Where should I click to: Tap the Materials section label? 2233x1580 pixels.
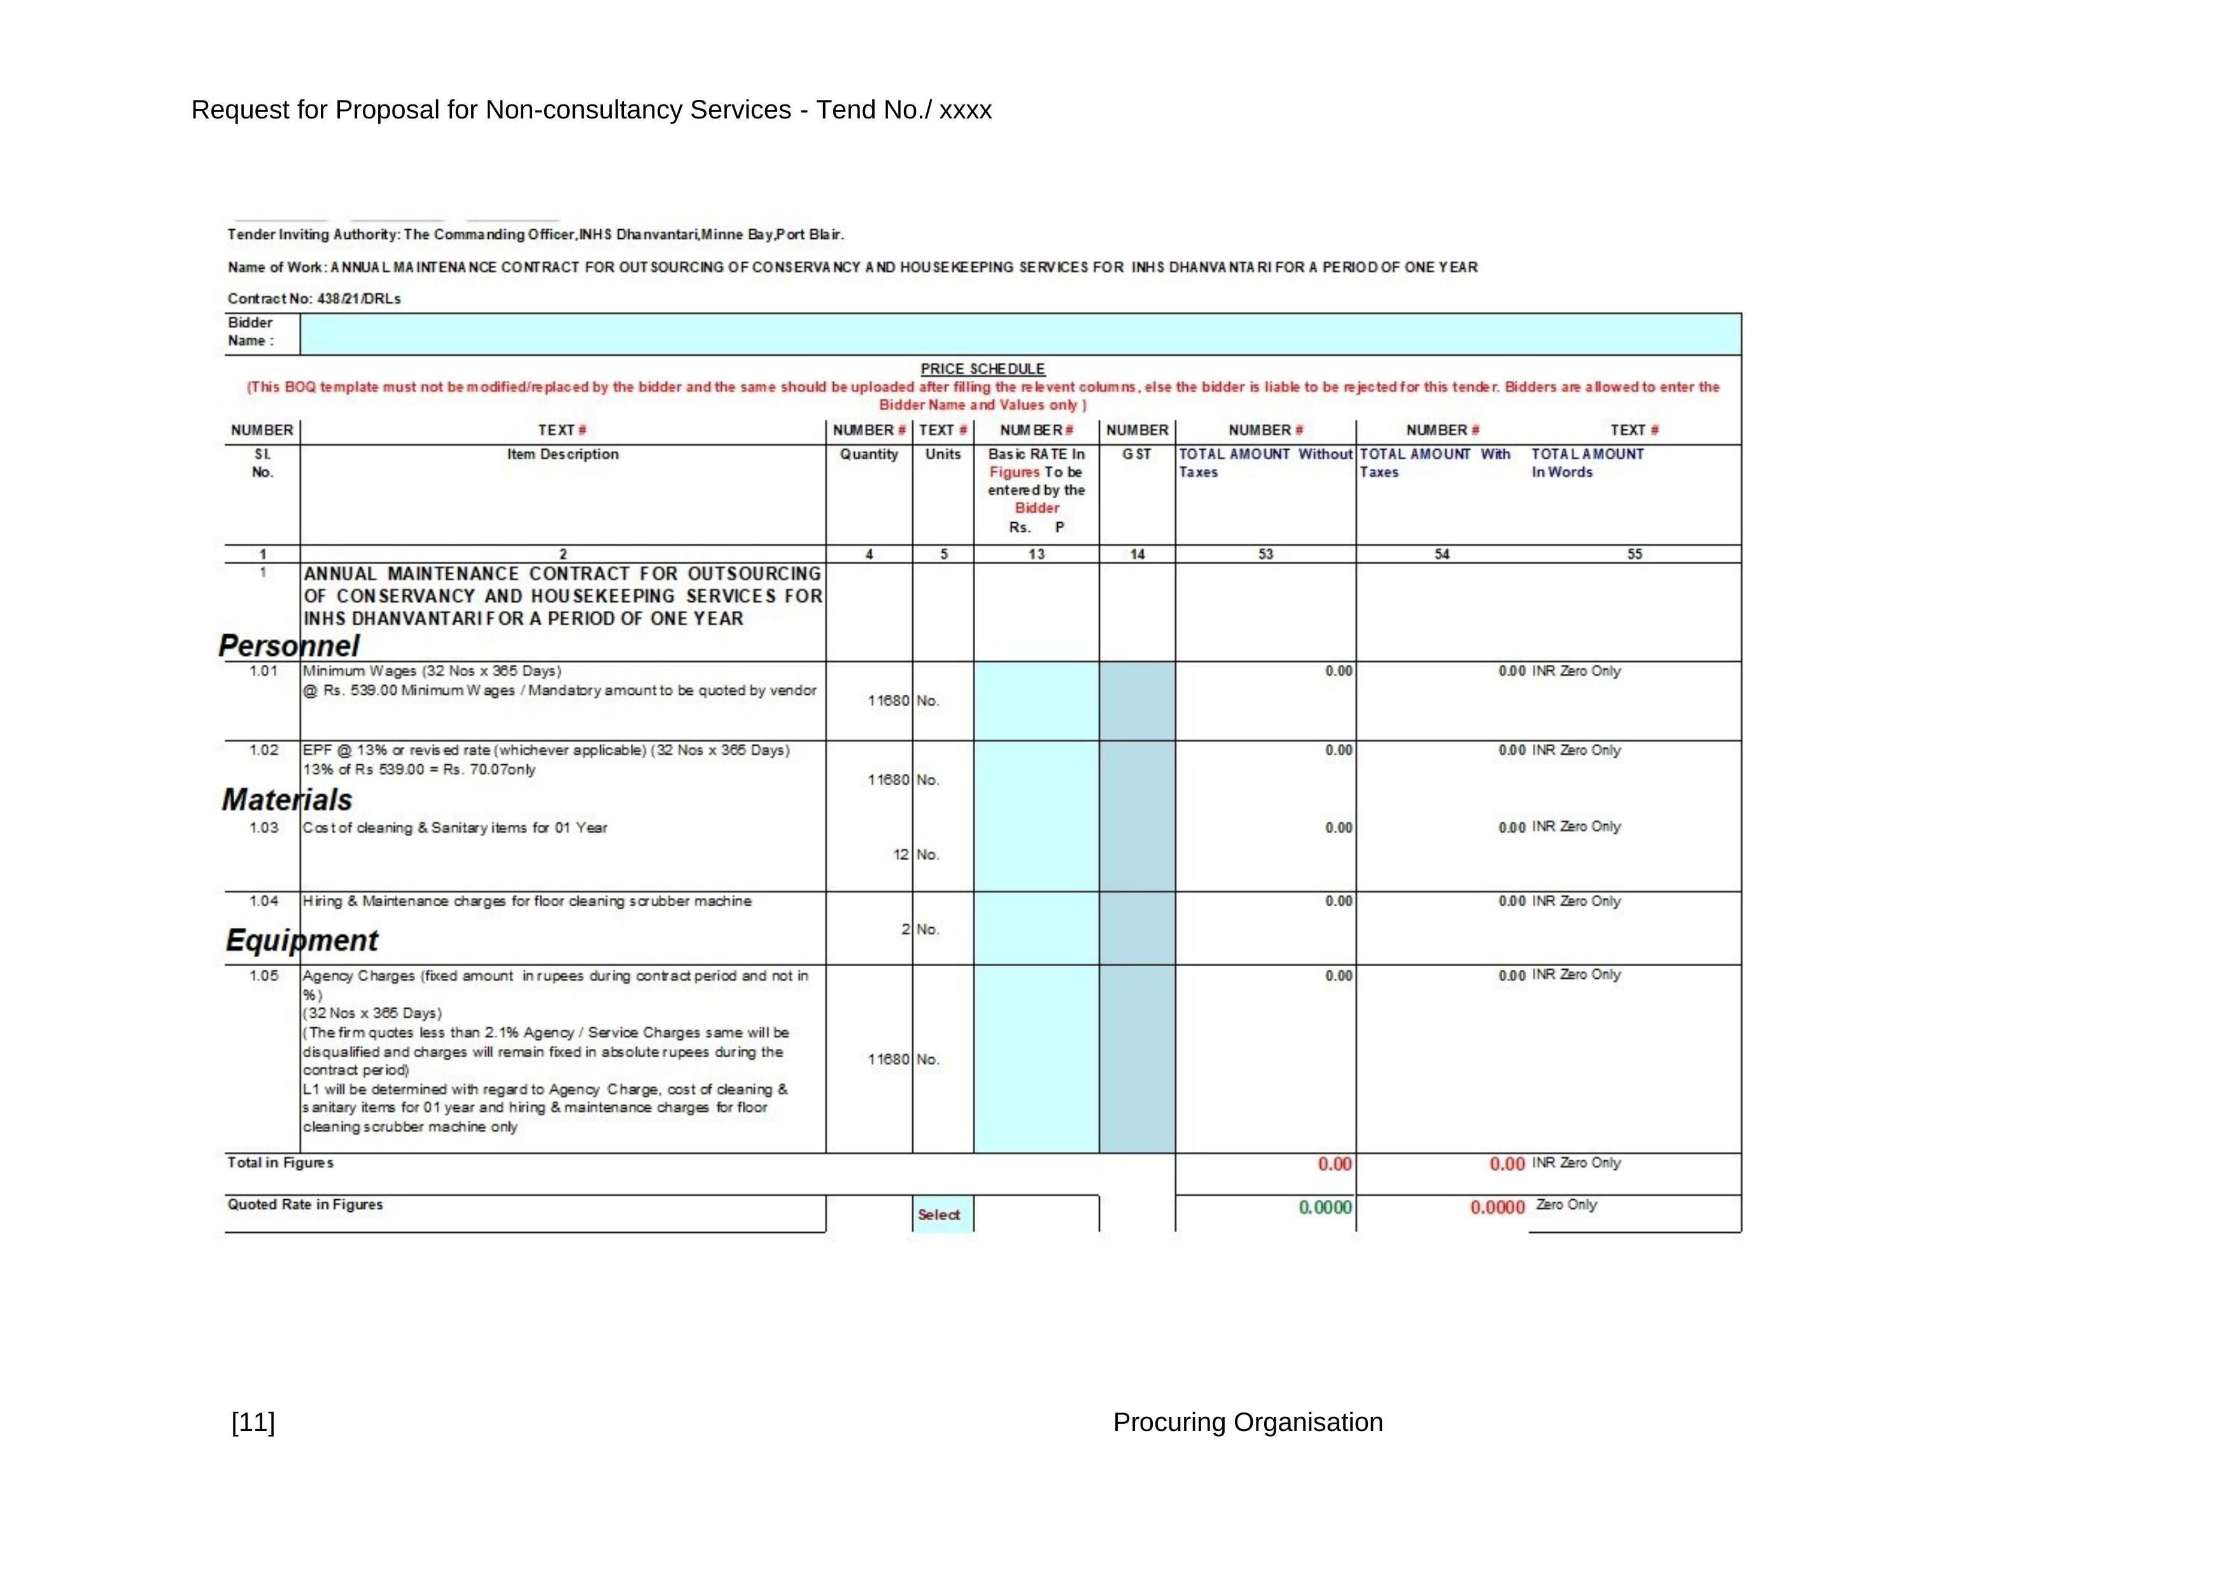click(287, 800)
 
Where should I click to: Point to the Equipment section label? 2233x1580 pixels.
click(302, 940)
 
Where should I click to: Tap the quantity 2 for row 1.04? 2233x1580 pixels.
click(905, 929)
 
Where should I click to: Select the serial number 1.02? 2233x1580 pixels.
click(264, 750)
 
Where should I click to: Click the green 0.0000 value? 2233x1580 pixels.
click(1325, 1207)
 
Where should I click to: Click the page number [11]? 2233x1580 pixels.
click(253, 1423)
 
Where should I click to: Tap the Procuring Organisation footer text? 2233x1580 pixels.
click(1247, 1423)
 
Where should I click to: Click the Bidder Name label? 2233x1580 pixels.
click(251, 332)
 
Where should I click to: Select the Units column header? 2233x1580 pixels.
click(943, 454)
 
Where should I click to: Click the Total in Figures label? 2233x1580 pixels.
click(280, 1163)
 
